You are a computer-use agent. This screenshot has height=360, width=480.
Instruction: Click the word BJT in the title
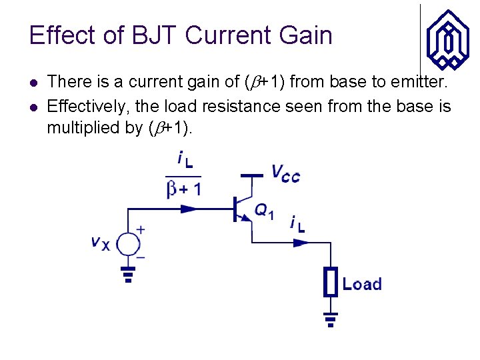pyautogui.click(x=154, y=35)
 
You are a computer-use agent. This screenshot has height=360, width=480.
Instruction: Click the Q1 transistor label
pyautogui.click(x=263, y=211)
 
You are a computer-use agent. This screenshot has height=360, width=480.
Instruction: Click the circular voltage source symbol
pyautogui.click(x=127, y=244)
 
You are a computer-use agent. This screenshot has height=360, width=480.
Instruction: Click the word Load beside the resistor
pyautogui.click(x=362, y=284)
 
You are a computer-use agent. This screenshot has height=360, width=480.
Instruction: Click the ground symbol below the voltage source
pyautogui.click(x=127, y=273)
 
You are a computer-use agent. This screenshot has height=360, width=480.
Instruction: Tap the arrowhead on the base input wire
pyautogui.click(x=190, y=209)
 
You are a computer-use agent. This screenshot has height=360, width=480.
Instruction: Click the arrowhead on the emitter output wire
pyautogui.click(x=302, y=243)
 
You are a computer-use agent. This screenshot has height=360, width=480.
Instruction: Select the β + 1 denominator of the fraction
pyautogui.click(x=183, y=189)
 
